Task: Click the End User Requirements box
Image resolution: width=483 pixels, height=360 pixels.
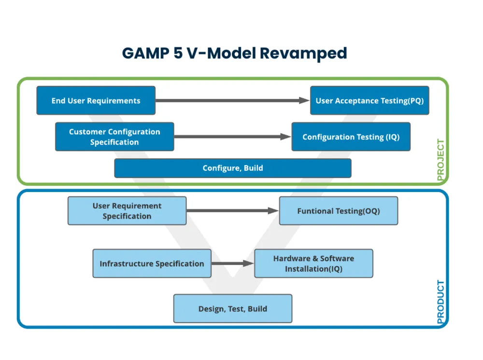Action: (96, 100)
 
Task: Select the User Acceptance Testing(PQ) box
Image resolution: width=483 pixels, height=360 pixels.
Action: (369, 100)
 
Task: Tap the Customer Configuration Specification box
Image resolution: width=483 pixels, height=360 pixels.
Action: (114, 137)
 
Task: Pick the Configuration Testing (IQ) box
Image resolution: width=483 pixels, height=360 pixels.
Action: (351, 137)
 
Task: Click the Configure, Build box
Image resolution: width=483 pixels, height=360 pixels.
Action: (233, 168)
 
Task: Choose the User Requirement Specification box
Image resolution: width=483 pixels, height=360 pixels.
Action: (127, 211)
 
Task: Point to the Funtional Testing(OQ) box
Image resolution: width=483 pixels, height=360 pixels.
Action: (339, 211)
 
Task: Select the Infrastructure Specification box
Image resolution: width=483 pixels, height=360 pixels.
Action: (152, 263)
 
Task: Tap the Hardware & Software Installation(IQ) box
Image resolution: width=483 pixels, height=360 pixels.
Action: (313, 263)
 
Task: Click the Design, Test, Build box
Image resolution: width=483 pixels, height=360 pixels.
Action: (233, 308)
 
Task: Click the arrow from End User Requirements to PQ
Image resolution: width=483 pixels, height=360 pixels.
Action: (233, 100)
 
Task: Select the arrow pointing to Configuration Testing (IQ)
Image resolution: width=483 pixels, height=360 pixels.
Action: (233, 137)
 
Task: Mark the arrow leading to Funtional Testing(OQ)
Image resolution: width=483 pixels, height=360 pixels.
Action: (233, 211)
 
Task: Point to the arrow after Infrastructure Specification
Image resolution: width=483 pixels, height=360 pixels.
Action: (233, 263)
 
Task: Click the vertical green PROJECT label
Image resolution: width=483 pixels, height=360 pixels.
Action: (441, 160)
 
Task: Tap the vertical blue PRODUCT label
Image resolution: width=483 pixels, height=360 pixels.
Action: (441, 302)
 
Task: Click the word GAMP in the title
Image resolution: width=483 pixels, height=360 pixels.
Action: (145, 53)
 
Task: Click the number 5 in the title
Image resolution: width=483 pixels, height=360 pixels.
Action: (178, 53)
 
